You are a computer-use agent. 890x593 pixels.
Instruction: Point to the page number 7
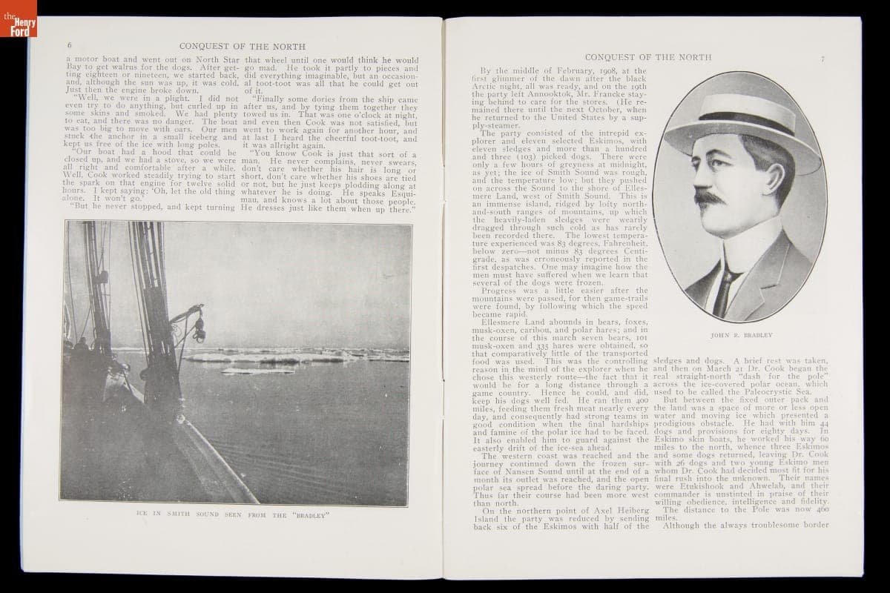[823, 59]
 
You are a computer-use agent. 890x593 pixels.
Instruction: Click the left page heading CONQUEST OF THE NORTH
[243, 46]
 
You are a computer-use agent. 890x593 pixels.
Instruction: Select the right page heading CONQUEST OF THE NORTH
[647, 57]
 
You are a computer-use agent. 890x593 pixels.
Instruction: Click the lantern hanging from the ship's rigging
[198, 330]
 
